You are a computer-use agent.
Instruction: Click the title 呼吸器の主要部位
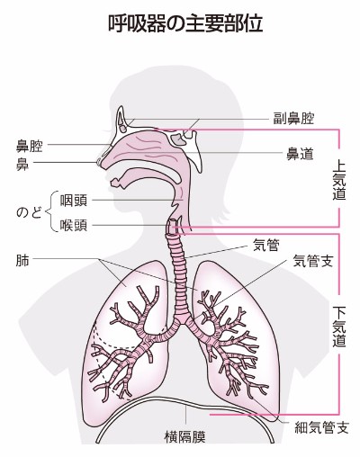coord(185,24)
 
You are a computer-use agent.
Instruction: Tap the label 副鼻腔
coord(293,119)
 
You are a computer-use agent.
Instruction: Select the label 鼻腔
coord(30,146)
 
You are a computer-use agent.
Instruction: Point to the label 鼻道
coord(300,154)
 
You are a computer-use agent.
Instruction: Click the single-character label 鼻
coord(22,164)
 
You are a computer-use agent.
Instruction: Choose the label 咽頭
coord(74,200)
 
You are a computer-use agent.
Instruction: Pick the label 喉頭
coord(74,225)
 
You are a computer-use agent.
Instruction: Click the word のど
coord(29,212)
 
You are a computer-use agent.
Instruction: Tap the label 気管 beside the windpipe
coord(266,246)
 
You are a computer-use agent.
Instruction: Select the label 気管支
coord(313,261)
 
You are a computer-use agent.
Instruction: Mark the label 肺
coord(22,260)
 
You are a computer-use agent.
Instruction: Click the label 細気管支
coord(321,427)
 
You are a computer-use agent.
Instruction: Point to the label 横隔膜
coord(185,436)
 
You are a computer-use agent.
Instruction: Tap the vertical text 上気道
coord(339,181)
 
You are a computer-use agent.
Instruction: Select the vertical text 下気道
coord(339,326)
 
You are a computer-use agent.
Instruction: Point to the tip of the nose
coord(98,162)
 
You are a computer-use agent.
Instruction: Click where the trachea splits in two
coord(183,320)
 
